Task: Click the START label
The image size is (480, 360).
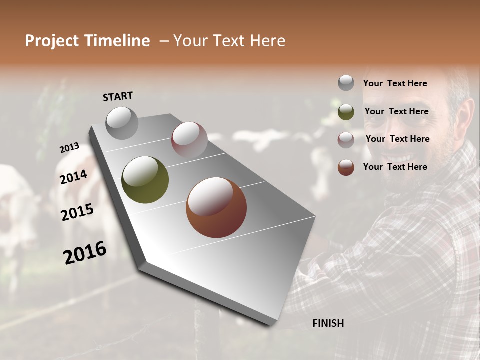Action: click(x=118, y=96)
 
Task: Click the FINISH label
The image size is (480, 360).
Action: click(x=328, y=323)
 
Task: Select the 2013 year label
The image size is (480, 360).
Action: click(x=69, y=148)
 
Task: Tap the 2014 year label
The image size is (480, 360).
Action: click(x=73, y=177)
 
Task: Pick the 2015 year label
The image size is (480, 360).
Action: click(x=77, y=212)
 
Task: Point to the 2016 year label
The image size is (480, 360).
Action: click(x=85, y=252)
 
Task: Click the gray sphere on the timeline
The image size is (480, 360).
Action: click(x=122, y=123)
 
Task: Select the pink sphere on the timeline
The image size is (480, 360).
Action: click(x=189, y=139)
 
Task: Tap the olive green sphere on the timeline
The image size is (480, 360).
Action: click(x=145, y=180)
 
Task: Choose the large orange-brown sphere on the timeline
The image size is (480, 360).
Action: click(x=216, y=207)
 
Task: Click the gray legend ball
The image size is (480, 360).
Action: click(x=346, y=83)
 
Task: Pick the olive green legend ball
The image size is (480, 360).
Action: click(x=346, y=111)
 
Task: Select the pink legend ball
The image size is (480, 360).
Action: click(x=346, y=139)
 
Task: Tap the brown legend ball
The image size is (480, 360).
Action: click(x=346, y=167)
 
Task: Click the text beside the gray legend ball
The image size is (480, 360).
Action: click(x=395, y=83)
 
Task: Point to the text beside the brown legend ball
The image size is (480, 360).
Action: click(x=395, y=167)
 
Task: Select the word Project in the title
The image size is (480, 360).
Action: click(x=51, y=41)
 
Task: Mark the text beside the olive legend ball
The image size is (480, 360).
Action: click(x=396, y=111)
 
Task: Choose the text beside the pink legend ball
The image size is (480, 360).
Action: click(x=397, y=139)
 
